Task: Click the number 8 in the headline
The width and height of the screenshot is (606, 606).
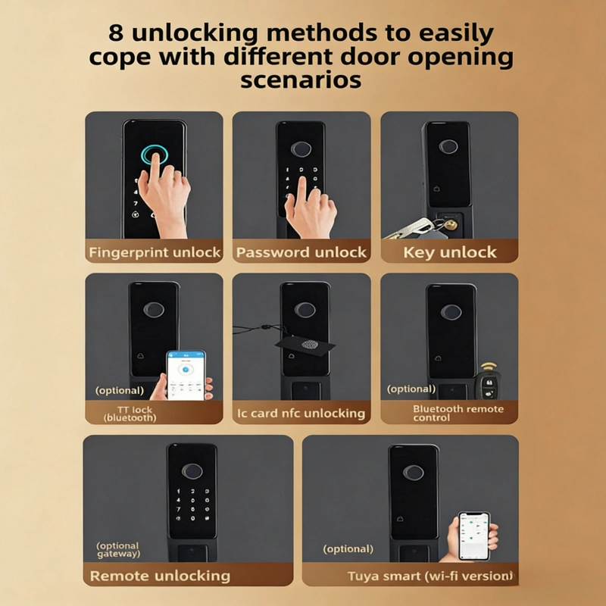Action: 116,33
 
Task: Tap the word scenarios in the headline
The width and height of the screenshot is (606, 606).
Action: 301,80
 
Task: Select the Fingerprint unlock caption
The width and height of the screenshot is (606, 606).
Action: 155,252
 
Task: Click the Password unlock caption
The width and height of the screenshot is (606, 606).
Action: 301,252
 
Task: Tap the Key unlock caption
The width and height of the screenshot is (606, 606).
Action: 450,252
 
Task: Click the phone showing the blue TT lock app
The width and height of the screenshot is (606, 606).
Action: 186,375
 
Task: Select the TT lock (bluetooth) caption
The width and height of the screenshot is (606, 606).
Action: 130,414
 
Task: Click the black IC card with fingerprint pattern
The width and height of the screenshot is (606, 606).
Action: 305,344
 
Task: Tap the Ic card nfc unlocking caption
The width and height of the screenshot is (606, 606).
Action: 301,414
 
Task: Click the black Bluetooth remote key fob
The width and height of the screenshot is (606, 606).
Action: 489,386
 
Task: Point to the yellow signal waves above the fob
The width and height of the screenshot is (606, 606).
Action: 489,367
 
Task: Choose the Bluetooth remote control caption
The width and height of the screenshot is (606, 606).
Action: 458,413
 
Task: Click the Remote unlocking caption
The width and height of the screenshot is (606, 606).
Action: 160,576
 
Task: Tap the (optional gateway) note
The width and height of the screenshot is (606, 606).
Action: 118,550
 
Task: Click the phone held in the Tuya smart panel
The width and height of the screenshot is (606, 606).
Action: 474,536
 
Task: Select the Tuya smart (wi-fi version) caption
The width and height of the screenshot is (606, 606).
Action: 431,576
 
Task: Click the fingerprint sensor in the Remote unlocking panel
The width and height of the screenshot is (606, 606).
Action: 192,471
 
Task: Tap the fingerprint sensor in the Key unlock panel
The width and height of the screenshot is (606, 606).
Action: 448,146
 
